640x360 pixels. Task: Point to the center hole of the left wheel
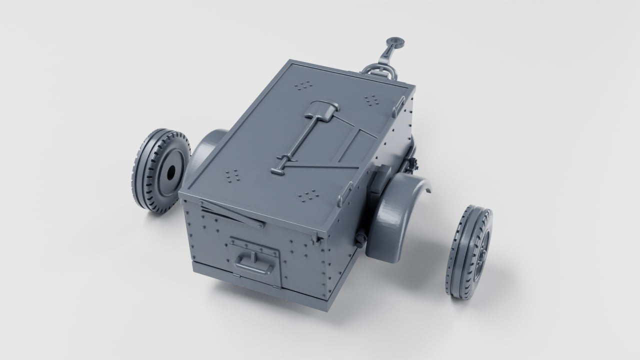[x=170, y=171]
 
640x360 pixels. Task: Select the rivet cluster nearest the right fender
[x=308, y=194]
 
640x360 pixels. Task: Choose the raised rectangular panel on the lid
[x=356, y=145]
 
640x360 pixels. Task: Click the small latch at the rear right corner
[x=317, y=239]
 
